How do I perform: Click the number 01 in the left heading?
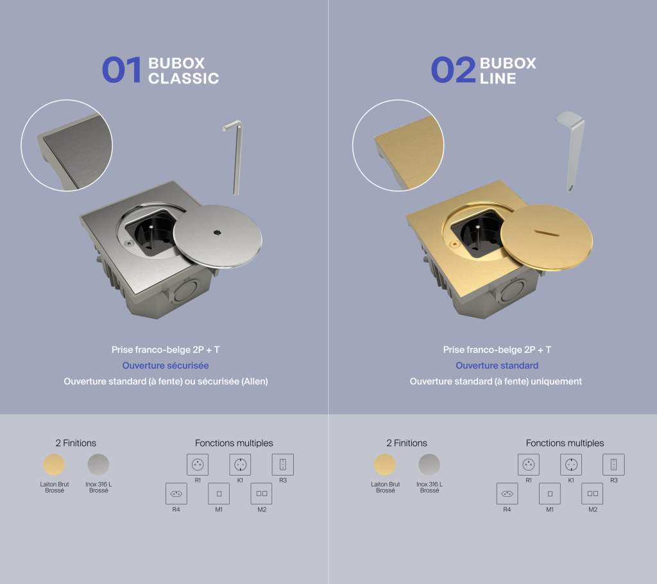[x=121, y=70]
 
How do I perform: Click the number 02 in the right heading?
[x=452, y=70]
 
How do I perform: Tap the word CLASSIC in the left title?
[x=183, y=78]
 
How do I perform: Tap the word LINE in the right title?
[x=498, y=78]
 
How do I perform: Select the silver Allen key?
[x=236, y=157]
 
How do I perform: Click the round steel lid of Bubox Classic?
[x=218, y=237]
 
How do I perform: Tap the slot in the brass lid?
[x=547, y=230]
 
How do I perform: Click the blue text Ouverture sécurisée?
[x=166, y=365]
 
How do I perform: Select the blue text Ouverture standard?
[x=497, y=365]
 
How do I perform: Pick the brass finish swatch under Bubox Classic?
[x=53, y=465]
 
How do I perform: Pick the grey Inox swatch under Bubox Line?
[x=429, y=465]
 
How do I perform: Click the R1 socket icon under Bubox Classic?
[x=198, y=464]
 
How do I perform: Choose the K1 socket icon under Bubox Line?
[x=571, y=464]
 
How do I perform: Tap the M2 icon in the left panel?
[x=261, y=494]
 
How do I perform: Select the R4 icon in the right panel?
[x=507, y=494]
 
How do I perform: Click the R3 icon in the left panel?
[x=282, y=464]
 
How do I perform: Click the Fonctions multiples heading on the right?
[x=565, y=443]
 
